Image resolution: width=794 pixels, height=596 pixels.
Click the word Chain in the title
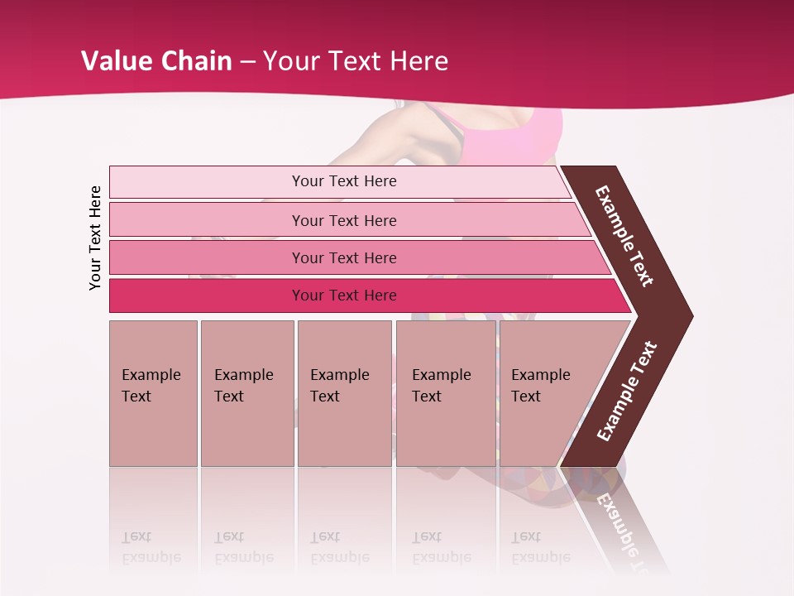point(196,61)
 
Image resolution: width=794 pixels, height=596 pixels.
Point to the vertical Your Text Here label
point(95,238)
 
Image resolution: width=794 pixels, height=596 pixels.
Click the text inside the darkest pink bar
point(344,296)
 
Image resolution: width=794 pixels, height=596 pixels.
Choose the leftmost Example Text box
point(153,393)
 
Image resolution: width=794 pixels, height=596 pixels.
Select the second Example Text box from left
point(246,393)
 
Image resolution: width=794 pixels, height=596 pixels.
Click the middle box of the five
point(344,393)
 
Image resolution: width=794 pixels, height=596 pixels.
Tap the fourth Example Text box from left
point(445,393)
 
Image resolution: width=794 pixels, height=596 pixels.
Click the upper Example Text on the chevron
point(624,236)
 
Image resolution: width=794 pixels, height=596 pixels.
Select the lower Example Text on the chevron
point(626,392)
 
